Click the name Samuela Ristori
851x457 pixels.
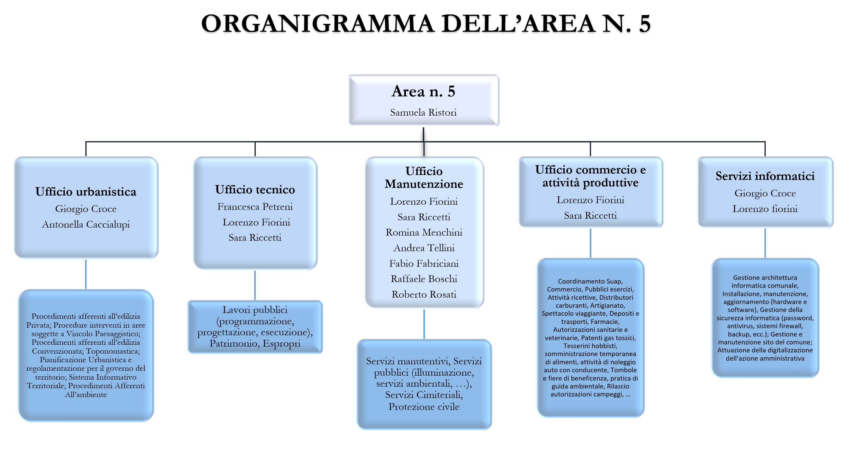(423, 112)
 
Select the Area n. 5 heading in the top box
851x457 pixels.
(423, 91)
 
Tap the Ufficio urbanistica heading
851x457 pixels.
(86, 192)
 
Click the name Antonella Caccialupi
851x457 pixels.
(86, 224)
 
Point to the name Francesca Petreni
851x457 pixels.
(255, 206)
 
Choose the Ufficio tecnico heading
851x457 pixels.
(255, 189)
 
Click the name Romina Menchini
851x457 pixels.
(424, 232)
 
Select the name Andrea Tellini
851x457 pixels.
(424, 248)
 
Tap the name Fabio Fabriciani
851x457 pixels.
(424, 263)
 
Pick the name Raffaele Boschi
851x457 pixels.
(424, 279)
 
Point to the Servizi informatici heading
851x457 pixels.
(765, 176)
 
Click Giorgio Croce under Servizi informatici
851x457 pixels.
(765, 193)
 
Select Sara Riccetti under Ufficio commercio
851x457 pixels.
(590, 215)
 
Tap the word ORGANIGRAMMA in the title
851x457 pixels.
(317, 24)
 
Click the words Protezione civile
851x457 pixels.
(424, 407)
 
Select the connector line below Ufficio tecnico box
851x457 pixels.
(255, 285)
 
